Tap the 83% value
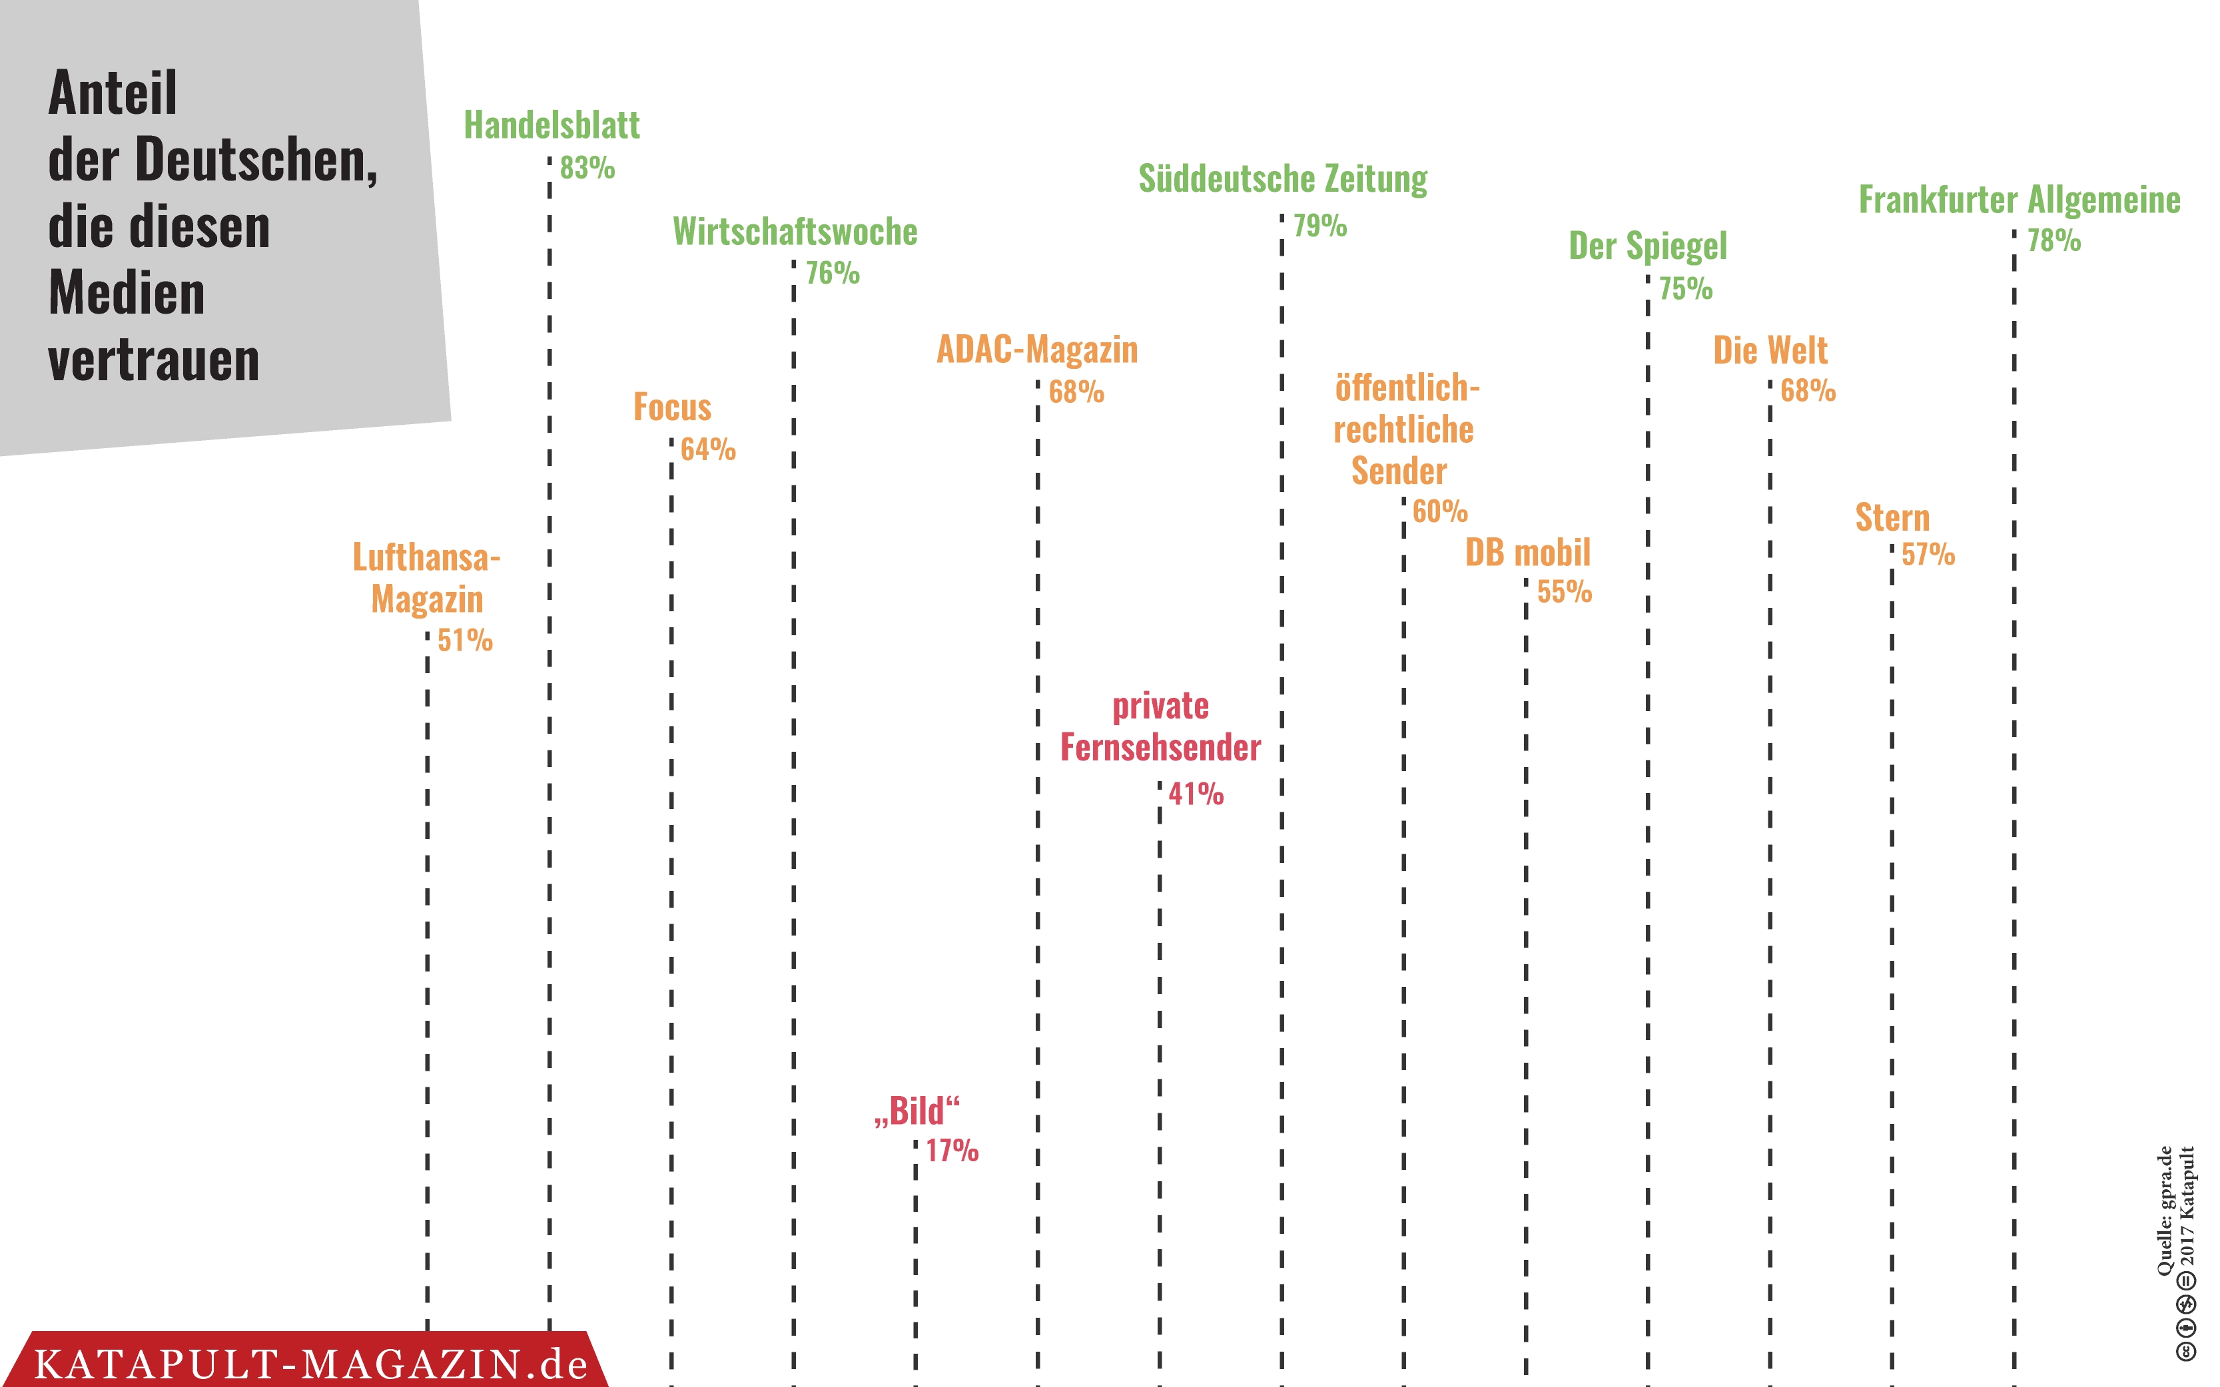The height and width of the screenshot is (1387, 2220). (587, 168)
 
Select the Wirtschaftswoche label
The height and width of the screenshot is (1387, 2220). (795, 232)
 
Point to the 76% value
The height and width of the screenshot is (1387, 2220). (832, 274)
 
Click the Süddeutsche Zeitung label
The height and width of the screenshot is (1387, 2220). (1282, 179)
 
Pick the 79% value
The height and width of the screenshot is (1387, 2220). (1320, 226)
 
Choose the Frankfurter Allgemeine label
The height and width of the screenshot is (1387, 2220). (2019, 200)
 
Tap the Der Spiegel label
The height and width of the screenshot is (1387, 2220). (1648, 246)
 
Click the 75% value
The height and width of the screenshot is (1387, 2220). (1685, 289)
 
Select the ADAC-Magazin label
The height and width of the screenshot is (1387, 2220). (1036, 350)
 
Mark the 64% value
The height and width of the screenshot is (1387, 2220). (708, 449)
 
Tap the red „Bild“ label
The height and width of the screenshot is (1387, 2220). (917, 1111)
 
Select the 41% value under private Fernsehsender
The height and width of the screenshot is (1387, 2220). (1196, 794)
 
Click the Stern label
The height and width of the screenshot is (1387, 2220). (1892, 518)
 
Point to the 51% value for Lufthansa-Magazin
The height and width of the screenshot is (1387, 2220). (465, 641)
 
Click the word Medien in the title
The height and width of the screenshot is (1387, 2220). (127, 294)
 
